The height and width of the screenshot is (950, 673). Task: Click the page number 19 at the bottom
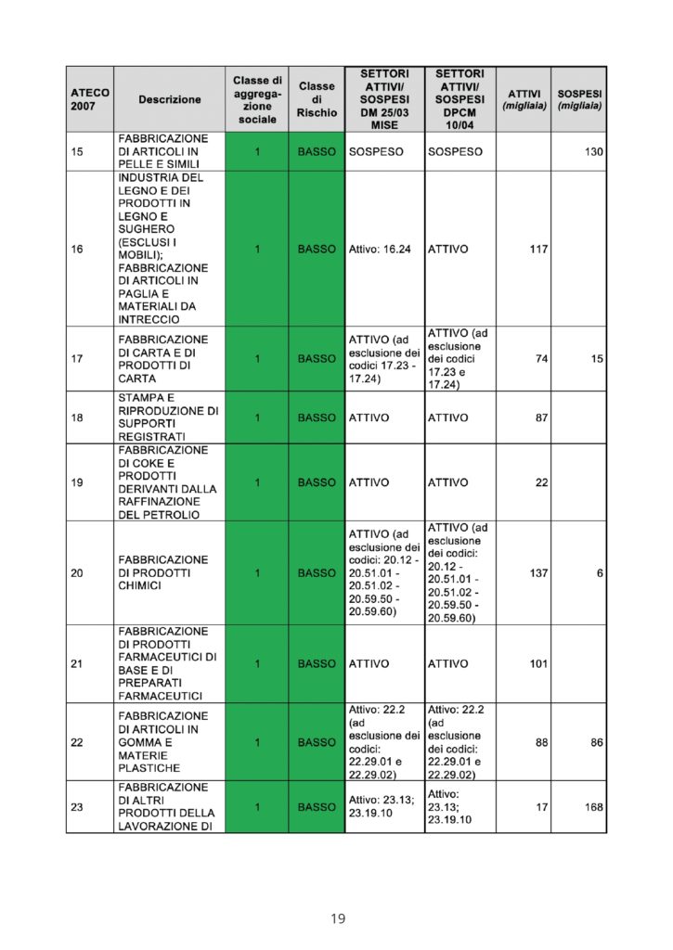point(337,918)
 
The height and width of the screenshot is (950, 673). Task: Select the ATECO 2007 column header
point(89,99)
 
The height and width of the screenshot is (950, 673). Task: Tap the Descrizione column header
point(170,99)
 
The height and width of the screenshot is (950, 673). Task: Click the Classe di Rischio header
point(317,99)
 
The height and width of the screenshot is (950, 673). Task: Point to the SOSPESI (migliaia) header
point(579,99)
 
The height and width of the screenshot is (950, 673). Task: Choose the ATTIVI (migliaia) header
point(524,99)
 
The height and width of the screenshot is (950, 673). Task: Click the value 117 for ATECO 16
point(538,249)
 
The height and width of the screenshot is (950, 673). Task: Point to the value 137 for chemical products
point(538,573)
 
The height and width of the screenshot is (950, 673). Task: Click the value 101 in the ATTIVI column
point(538,664)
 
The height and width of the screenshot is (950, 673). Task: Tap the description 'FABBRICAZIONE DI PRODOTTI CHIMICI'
point(163,573)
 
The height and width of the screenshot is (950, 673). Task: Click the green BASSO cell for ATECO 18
point(317,417)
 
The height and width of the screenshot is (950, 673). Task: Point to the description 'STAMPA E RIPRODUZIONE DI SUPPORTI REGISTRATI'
point(168,417)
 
